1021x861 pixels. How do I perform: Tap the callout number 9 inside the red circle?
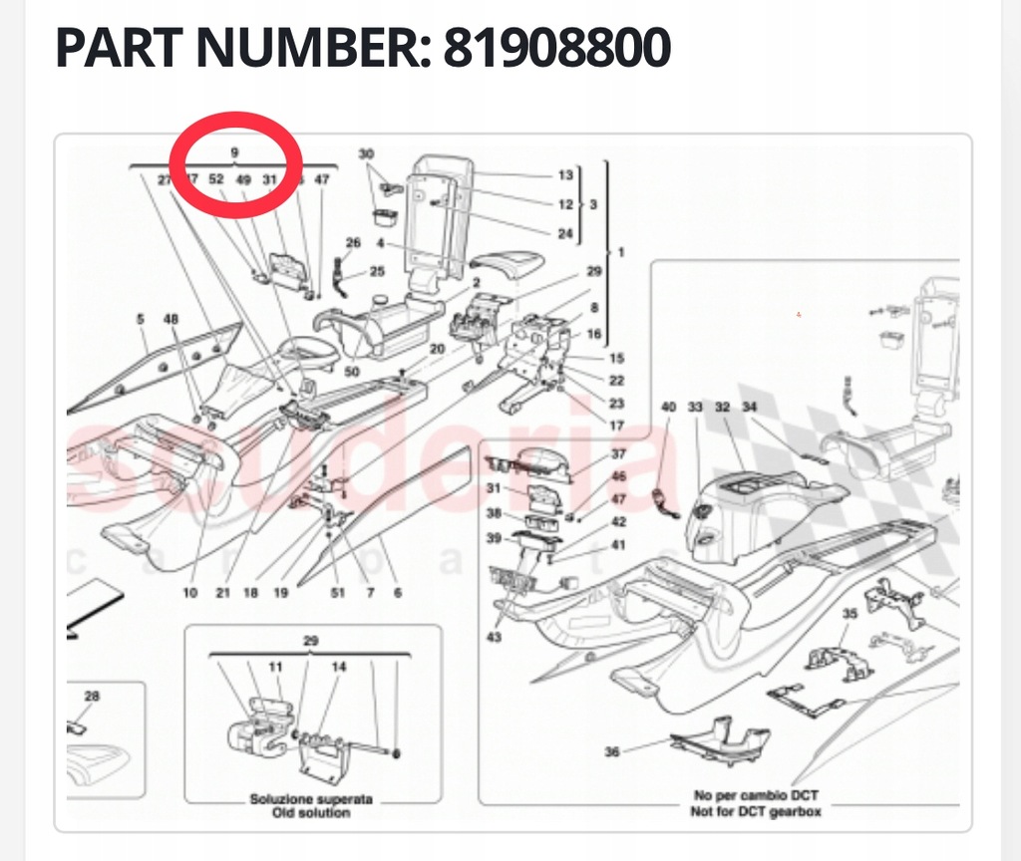click(235, 152)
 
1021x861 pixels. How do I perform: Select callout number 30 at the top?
click(366, 154)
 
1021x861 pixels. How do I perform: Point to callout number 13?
click(565, 175)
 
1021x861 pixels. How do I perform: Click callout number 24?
click(565, 234)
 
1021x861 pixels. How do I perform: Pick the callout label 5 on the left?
click(142, 320)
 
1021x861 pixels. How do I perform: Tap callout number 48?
click(171, 320)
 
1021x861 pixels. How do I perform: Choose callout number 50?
click(351, 372)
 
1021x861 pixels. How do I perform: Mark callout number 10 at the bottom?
click(189, 593)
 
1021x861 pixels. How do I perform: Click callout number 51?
click(337, 593)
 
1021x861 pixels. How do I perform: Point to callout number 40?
click(668, 408)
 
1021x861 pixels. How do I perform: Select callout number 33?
click(695, 408)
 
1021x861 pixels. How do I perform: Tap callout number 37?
click(618, 454)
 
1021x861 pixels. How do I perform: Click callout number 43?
click(495, 637)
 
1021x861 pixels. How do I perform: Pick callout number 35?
click(849, 614)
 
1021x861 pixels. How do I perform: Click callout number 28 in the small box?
click(92, 696)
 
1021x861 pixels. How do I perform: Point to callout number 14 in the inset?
click(339, 666)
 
